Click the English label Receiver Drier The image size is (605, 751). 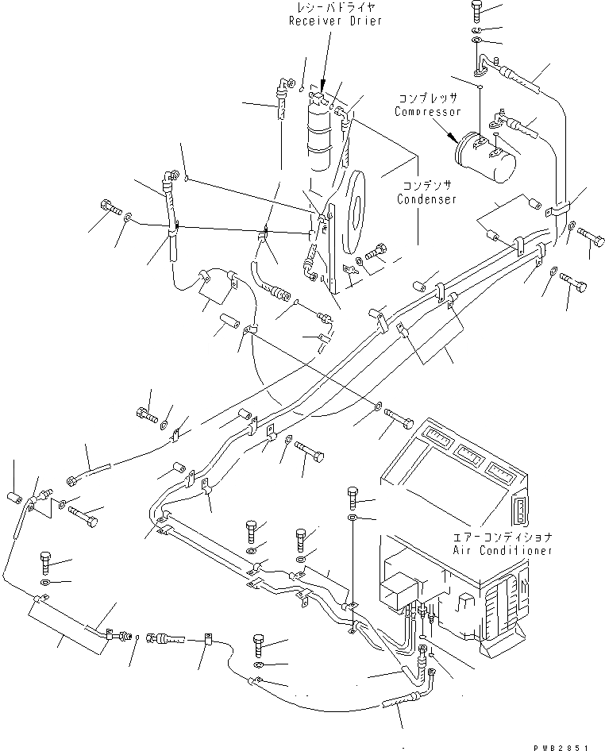tap(335, 21)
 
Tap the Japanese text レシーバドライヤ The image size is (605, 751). tap(335, 8)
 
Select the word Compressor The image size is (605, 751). tap(427, 112)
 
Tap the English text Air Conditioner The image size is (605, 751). tap(502, 550)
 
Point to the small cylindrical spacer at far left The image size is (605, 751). tap(13, 498)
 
